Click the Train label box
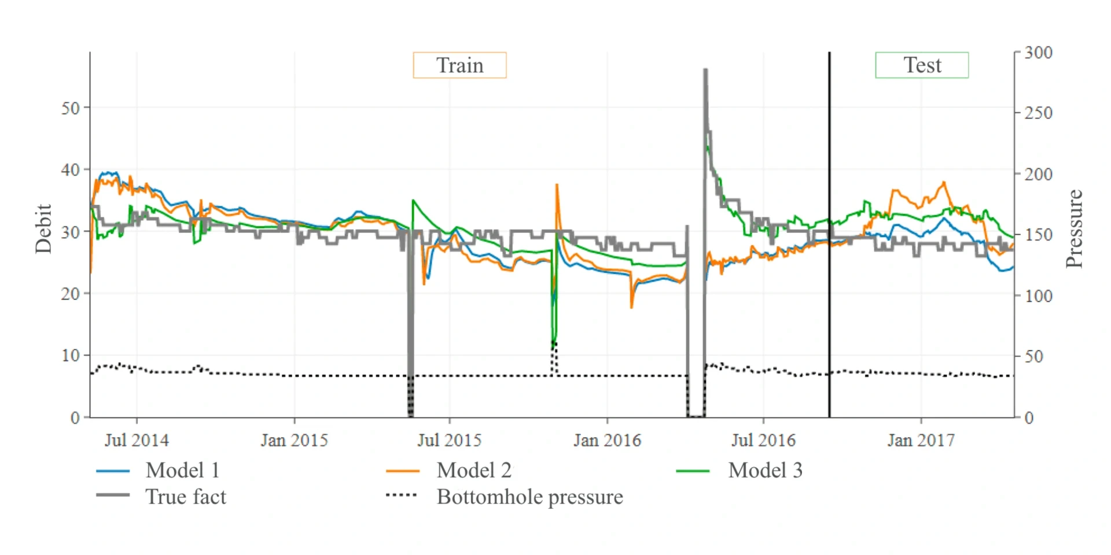click(x=459, y=65)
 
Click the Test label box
click(x=921, y=65)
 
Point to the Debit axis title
click(x=43, y=229)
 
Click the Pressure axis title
click(x=1074, y=229)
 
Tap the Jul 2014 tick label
click(x=137, y=441)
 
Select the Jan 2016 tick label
click(x=607, y=441)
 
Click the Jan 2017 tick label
click(x=921, y=441)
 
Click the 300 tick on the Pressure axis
click(x=1038, y=53)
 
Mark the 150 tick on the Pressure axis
click(x=1038, y=235)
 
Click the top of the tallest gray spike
click(x=705, y=70)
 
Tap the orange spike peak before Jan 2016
click(x=557, y=185)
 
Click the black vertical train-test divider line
click(x=829, y=231)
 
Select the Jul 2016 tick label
click(x=763, y=441)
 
